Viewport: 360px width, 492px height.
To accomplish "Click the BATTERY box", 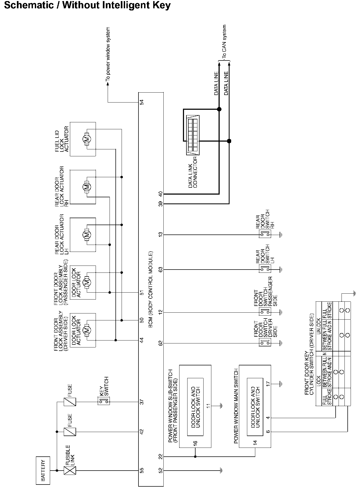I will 43,470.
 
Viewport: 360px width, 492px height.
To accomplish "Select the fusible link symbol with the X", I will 70,470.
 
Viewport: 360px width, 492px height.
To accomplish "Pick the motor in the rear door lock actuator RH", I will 87,187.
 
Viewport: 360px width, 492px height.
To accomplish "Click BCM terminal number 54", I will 142,102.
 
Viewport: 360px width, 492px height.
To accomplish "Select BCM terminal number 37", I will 142,402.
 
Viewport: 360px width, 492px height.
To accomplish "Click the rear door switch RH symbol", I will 265,235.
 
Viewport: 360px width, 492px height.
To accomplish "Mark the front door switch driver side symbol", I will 265,343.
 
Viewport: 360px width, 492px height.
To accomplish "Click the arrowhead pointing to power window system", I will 108,84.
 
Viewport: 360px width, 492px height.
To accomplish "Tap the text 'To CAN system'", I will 224,41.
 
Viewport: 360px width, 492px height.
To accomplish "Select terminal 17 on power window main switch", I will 268,384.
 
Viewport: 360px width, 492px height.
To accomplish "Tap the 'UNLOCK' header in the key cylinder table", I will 319,326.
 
